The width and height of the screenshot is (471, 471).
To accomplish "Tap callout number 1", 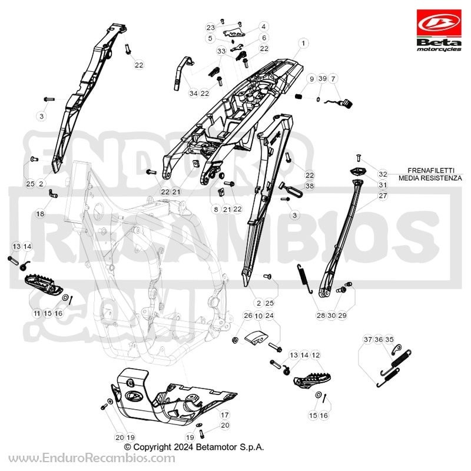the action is tap(303, 43).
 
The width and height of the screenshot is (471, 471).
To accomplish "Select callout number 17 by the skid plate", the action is tap(224, 415).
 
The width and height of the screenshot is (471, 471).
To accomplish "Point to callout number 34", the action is tap(194, 94).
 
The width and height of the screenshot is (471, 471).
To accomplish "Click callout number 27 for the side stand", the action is tap(383, 195).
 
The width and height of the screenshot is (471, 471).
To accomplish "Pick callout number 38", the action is tap(310, 186).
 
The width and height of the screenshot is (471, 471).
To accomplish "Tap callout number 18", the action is tap(40, 214).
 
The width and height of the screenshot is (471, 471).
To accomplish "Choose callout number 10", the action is tap(258, 316).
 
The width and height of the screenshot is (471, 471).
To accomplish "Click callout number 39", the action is tap(322, 79).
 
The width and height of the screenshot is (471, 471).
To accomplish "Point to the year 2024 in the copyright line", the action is tap(183, 447).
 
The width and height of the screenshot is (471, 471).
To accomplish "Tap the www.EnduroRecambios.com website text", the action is tap(92, 459).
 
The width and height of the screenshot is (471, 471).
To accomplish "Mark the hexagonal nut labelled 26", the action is tap(235, 340).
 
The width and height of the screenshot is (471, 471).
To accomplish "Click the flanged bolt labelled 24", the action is tap(274, 347).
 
